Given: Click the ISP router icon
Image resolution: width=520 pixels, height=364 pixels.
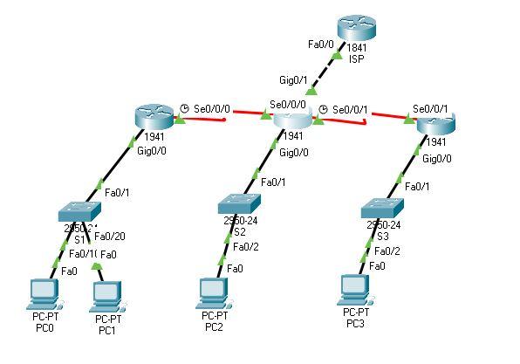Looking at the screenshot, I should coord(357,30).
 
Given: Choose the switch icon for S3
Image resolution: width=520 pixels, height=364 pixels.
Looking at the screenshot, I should coord(381,207).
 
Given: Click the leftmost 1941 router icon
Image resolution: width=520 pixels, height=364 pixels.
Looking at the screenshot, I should coord(156,116).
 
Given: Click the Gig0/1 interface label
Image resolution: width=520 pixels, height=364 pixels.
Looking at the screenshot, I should coord(293,80).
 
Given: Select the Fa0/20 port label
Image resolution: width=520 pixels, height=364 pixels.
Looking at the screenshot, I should coord(109,237).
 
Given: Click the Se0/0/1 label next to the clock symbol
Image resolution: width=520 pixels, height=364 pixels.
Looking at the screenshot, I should coord(350,110).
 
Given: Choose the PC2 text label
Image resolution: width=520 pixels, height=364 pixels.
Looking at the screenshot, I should coord(215,327).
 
